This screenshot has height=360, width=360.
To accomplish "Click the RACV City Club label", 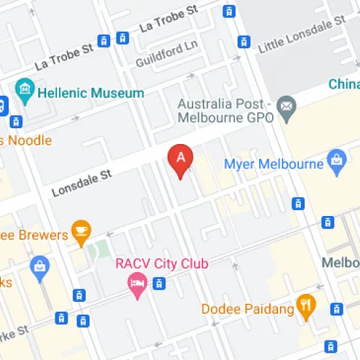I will (161, 264).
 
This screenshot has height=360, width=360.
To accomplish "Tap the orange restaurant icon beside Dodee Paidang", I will (307, 307).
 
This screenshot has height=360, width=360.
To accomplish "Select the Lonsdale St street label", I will (82, 184).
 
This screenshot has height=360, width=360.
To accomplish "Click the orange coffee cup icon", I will (83, 232).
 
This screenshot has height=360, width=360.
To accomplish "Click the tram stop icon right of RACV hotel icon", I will (160, 284).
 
